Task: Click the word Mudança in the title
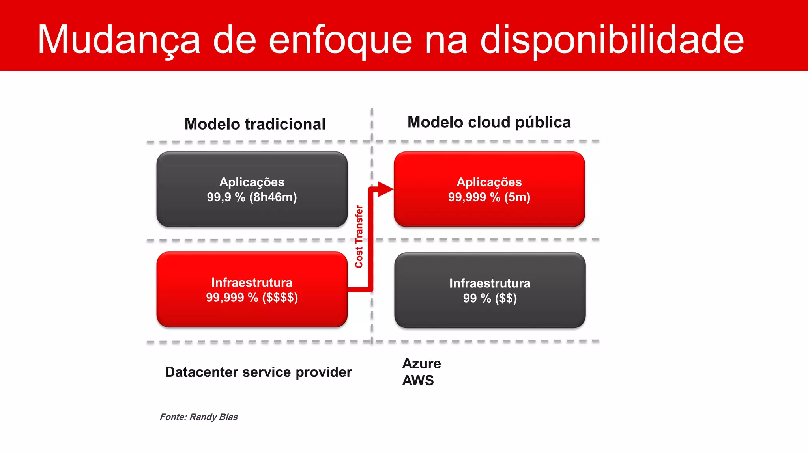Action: pyautogui.click(x=119, y=39)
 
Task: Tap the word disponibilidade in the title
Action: pyautogui.click(x=612, y=39)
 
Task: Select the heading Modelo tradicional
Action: pyautogui.click(x=255, y=124)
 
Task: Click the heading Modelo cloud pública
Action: pyautogui.click(x=489, y=122)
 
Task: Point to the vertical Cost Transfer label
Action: pyautogui.click(x=359, y=236)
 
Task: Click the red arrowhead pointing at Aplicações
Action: pyautogui.click(x=385, y=189)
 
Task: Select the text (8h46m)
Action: pyautogui.click(x=273, y=197)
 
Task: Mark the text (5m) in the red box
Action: pyautogui.click(x=517, y=197)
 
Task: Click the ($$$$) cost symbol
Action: pyautogui.click(x=280, y=298)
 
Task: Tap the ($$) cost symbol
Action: pyautogui.click(x=506, y=298)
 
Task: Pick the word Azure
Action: pyautogui.click(x=421, y=363)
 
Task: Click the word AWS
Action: pyautogui.click(x=418, y=381)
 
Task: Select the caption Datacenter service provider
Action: pyautogui.click(x=258, y=372)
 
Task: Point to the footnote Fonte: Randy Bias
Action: pyautogui.click(x=198, y=417)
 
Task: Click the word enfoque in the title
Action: pyautogui.click(x=340, y=39)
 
